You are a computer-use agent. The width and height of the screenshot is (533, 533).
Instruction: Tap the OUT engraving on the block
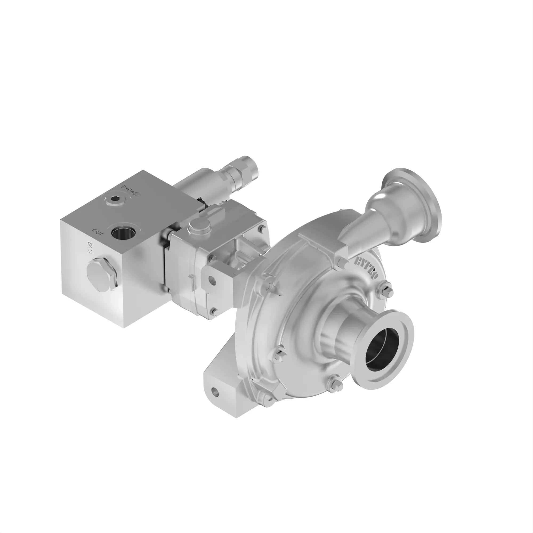coord(98,232)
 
